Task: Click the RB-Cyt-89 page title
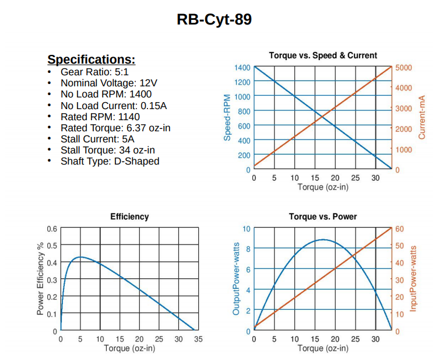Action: tap(214, 20)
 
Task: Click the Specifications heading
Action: tap(92, 60)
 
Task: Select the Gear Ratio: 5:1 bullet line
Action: tap(94, 72)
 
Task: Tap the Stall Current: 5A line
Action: tap(97, 139)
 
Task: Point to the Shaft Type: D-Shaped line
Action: tap(110, 161)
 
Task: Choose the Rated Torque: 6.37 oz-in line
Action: tap(115, 128)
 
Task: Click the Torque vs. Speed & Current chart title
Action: tap(323, 55)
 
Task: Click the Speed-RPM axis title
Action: tap(228, 118)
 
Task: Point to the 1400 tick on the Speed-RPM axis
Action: tap(242, 67)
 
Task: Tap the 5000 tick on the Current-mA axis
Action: tap(403, 67)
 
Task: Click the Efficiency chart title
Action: tap(129, 216)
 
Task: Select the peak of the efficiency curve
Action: tap(80, 257)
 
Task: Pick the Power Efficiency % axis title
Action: tap(41, 279)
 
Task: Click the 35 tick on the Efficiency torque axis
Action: tap(198, 339)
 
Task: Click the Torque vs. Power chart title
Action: tap(323, 216)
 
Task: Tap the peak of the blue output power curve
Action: tap(323, 239)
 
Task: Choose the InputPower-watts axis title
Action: tap(414, 279)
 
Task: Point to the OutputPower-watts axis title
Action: tap(236, 279)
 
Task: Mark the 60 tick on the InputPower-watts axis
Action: tap(399, 229)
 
